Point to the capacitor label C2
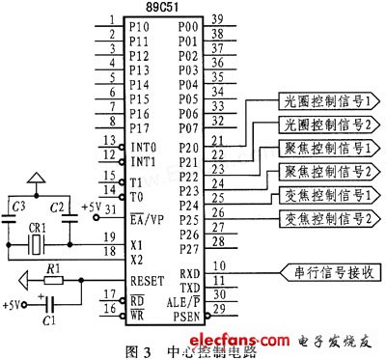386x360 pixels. [58, 207]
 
